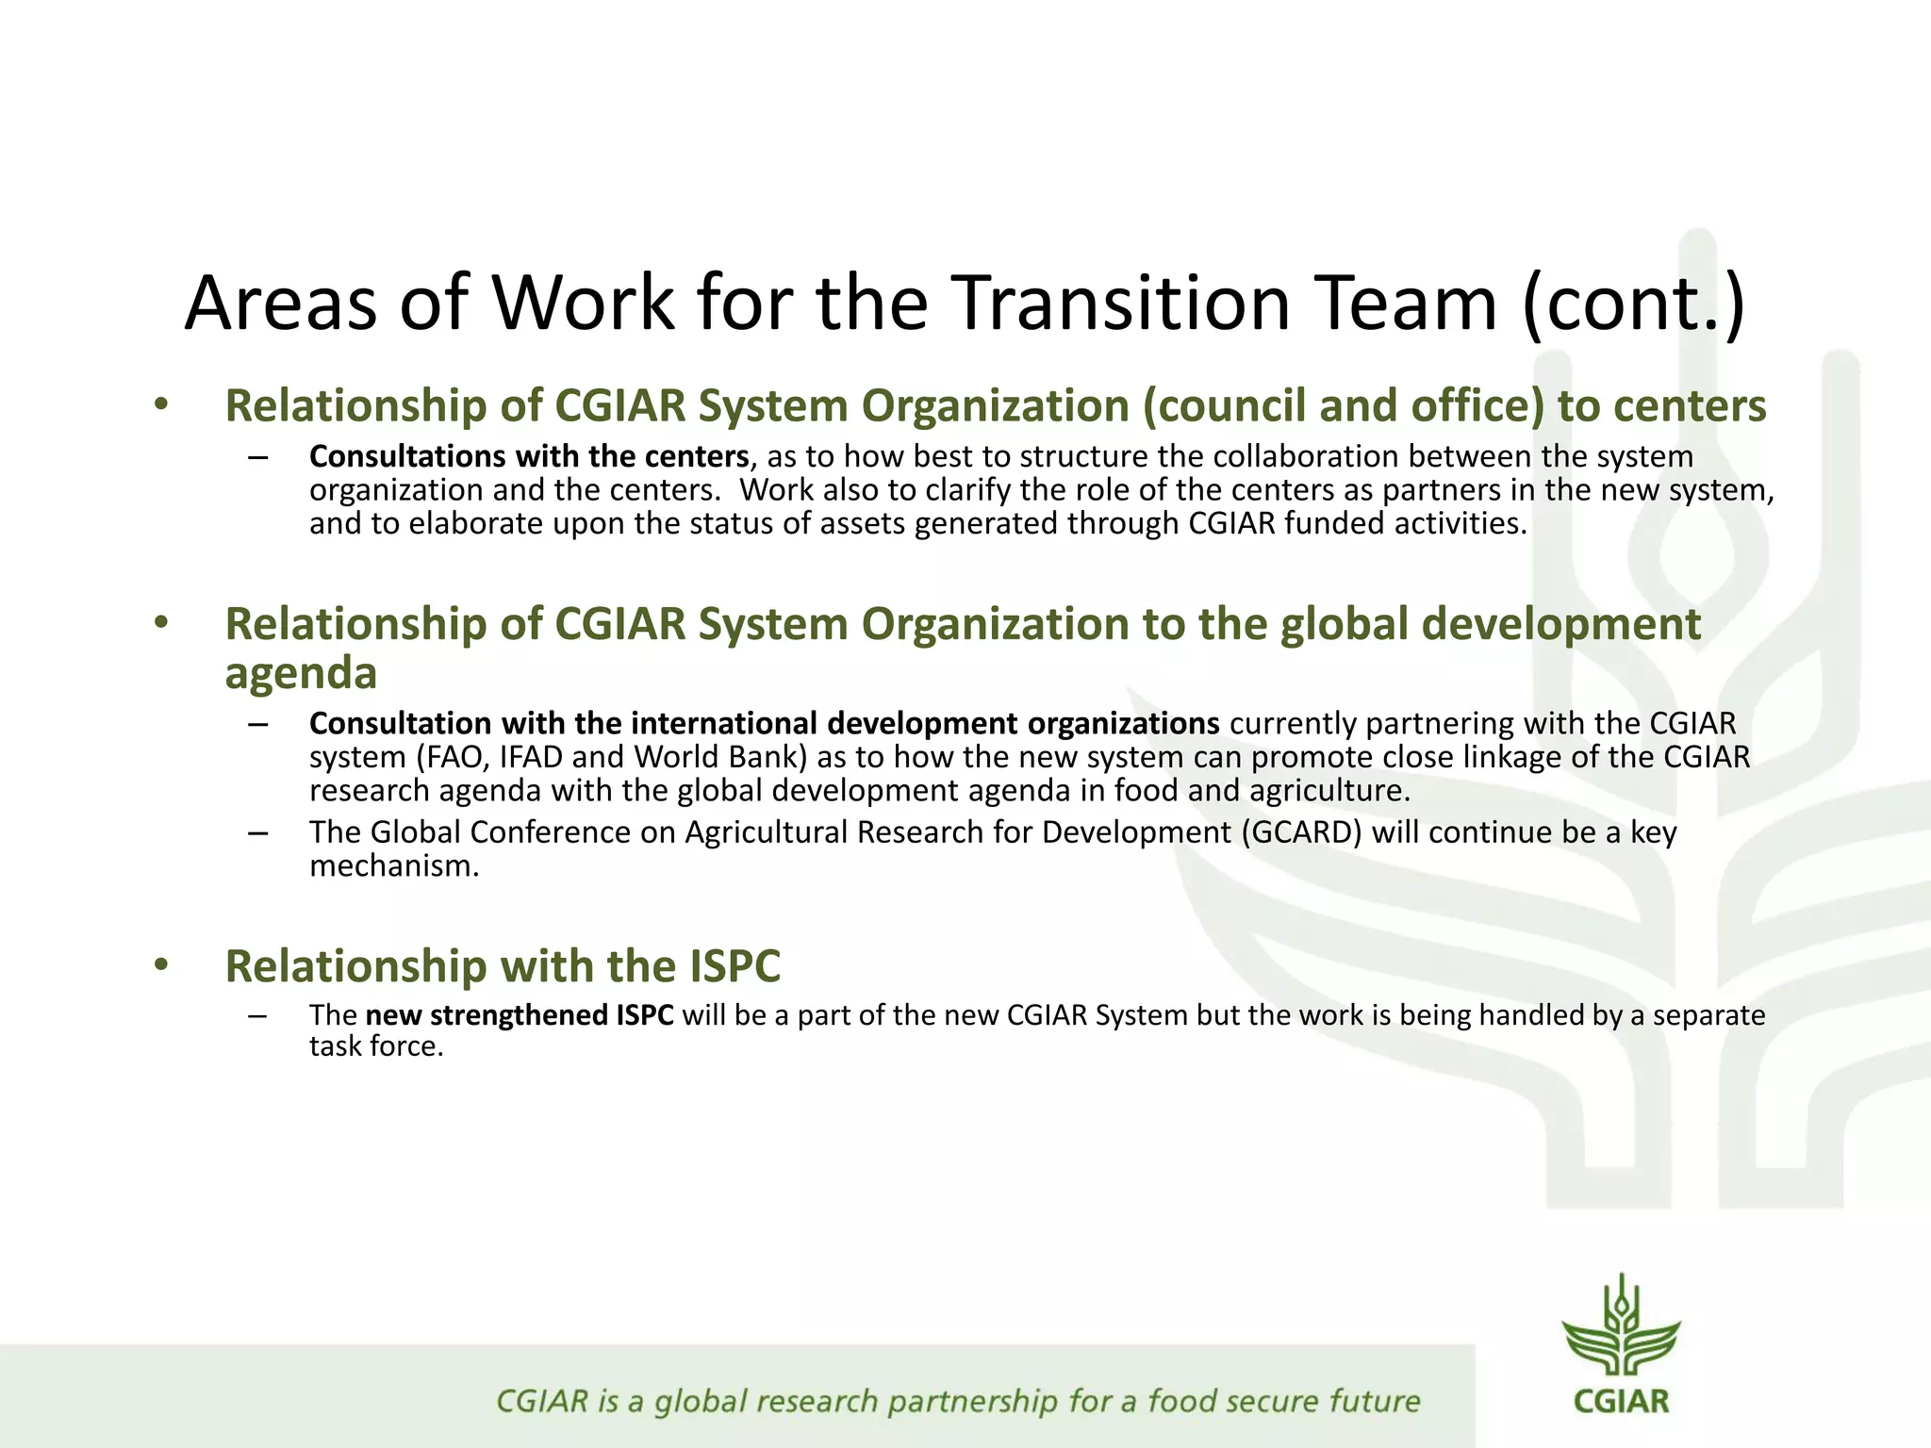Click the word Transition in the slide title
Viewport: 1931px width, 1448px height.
coord(1110,302)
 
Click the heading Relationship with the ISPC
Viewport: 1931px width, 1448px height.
coord(503,965)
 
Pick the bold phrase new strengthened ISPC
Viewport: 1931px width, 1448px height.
coord(520,1015)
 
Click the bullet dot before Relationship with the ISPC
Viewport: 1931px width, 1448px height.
coord(161,964)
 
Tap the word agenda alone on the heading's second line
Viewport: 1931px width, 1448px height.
coord(301,672)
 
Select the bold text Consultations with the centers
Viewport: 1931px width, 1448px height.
coord(529,456)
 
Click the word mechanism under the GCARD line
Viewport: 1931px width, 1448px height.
coord(394,865)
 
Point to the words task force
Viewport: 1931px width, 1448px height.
coord(376,1046)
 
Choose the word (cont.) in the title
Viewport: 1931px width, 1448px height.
coord(1634,302)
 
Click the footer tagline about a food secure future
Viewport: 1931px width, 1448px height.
coord(957,1401)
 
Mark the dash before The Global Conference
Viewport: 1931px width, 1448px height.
coord(257,833)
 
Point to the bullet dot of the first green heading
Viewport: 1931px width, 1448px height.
coord(161,404)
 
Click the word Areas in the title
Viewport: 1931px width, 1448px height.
coord(280,302)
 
